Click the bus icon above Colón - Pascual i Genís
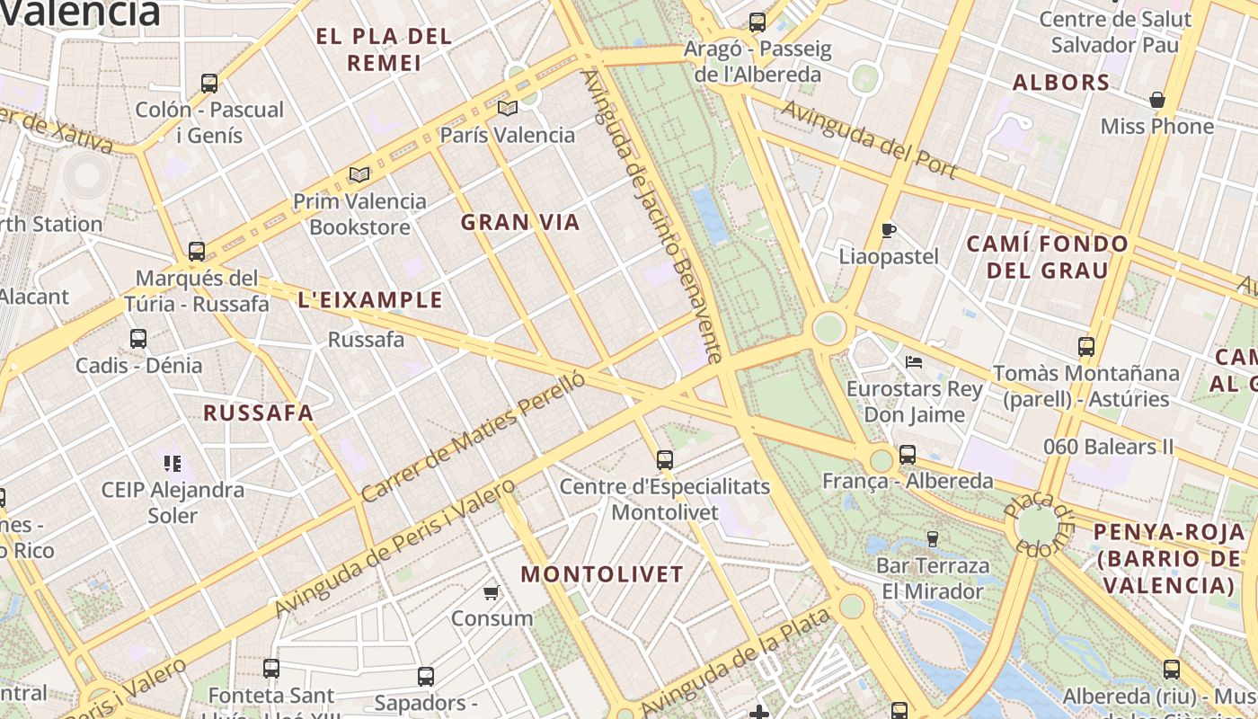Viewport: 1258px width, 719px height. coord(209,84)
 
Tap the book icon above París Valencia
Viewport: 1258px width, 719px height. coord(508,109)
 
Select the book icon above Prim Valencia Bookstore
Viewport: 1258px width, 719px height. coord(359,174)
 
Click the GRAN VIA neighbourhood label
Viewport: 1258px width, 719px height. coord(520,223)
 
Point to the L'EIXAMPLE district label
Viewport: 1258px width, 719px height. coord(370,300)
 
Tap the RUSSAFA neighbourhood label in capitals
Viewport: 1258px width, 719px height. coord(258,413)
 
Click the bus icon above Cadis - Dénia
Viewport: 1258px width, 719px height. coord(138,339)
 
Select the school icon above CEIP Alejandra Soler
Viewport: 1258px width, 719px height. coord(173,464)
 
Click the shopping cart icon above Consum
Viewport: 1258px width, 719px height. coord(492,592)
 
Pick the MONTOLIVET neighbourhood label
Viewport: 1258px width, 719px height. coord(602,574)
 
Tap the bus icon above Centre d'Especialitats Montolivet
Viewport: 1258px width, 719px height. coord(665,460)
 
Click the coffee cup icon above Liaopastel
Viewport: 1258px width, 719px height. coord(888,230)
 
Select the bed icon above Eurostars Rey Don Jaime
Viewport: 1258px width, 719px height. coord(914,362)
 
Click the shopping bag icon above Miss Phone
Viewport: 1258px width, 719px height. coord(1157,100)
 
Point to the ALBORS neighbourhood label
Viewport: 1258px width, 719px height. coord(1061,83)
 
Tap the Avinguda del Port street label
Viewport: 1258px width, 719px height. coord(868,139)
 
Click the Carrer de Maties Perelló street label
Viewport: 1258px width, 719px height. coord(474,436)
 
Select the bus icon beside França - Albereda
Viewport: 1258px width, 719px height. coord(908,455)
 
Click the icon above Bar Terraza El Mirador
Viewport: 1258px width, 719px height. coord(933,539)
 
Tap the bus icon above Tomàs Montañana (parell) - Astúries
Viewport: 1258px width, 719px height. coord(1086,346)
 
